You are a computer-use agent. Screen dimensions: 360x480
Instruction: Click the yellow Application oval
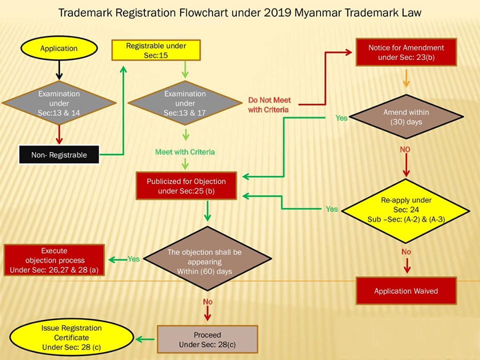coord(58,48)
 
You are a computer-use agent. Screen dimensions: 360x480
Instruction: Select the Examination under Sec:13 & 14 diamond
coord(59,103)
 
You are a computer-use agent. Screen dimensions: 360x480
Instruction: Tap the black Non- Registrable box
coord(59,155)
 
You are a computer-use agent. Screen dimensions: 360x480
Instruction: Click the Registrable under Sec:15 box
coord(156,50)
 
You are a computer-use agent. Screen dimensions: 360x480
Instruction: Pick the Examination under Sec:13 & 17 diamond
coord(185,103)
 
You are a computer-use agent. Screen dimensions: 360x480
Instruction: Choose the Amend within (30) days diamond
coord(406,117)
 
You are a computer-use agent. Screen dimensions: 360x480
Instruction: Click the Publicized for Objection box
coord(186,185)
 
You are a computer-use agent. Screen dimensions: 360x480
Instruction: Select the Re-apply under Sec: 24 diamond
coord(406,208)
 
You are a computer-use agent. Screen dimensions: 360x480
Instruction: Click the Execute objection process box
coord(54,260)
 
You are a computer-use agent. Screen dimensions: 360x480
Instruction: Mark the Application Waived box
coord(406,291)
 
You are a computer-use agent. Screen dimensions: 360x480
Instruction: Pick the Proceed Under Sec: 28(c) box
coord(207,339)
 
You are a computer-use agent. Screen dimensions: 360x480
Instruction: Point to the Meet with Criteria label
coord(185,151)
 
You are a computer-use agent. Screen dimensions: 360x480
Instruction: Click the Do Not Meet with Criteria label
coord(269,104)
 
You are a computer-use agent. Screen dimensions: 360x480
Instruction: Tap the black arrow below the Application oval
coord(59,69)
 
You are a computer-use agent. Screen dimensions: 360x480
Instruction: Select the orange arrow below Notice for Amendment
coord(405,79)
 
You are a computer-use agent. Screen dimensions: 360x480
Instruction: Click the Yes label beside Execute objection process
coord(133,259)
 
